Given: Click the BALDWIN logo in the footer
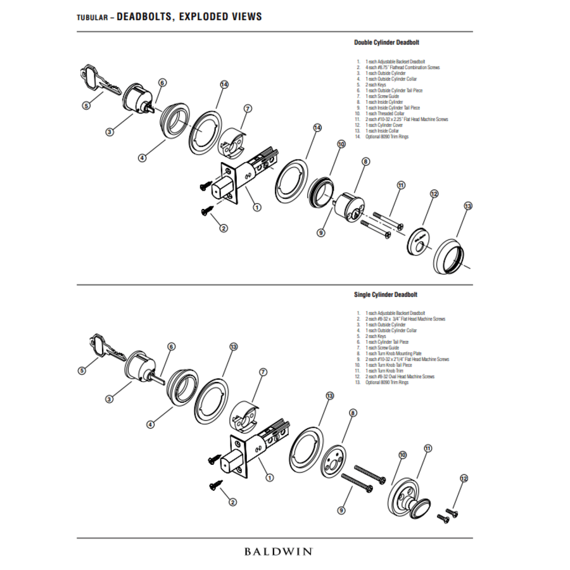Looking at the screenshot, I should pyautogui.click(x=278, y=551).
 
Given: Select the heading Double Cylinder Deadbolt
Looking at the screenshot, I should pyautogui.click(x=386, y=42).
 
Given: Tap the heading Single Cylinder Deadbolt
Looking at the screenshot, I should pyautogui.click(x=386, y=294).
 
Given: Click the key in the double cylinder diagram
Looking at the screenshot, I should pyautogui.click(x=101, y=82).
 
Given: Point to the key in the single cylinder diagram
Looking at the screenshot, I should pyautogui.click(x=104, y=345).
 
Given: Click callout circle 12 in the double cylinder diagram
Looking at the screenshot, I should pyautogui.click(x=434, y=194).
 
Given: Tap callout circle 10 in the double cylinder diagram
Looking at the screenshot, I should pyautogui.click(x=341, y=144).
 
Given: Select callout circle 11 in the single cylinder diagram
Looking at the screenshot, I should pyautogui.click(x=427, y=448).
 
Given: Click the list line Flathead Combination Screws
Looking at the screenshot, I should pyautogui.click(x=402, y=67).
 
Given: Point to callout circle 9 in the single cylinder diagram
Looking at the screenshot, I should pyautogui.click(x=341, y=510).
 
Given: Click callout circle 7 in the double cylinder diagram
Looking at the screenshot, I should pyautogui.click(x=248, y=109).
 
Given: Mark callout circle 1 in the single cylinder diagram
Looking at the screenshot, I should pyautogui.click(x=270, y=478).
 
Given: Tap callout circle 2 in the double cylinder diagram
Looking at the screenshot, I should pyautogui.click(x=224, y=228).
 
